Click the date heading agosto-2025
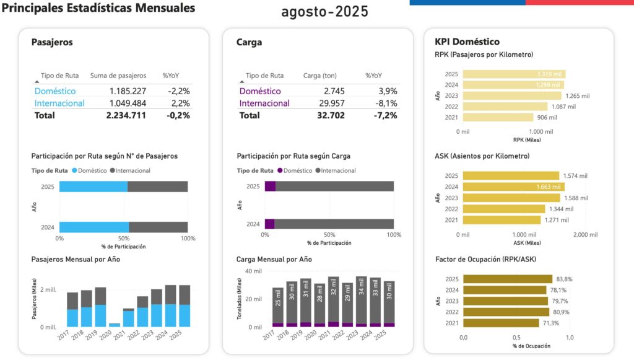pos(324,11)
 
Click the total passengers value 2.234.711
pos(126,115)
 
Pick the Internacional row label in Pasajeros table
pos(59,103)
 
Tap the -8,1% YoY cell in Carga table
pos(383,103)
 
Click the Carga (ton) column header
pos(320,76)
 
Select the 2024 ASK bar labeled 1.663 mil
pos(513,187)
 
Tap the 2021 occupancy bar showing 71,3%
pos(501,323)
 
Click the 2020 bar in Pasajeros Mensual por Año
pos(115,325)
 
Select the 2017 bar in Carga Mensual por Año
pos(277,307)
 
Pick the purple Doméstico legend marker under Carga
pos(280,170)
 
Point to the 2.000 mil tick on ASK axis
pos(584,235)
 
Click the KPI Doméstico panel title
pos(467,42)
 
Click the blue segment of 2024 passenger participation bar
pos(93,227)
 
